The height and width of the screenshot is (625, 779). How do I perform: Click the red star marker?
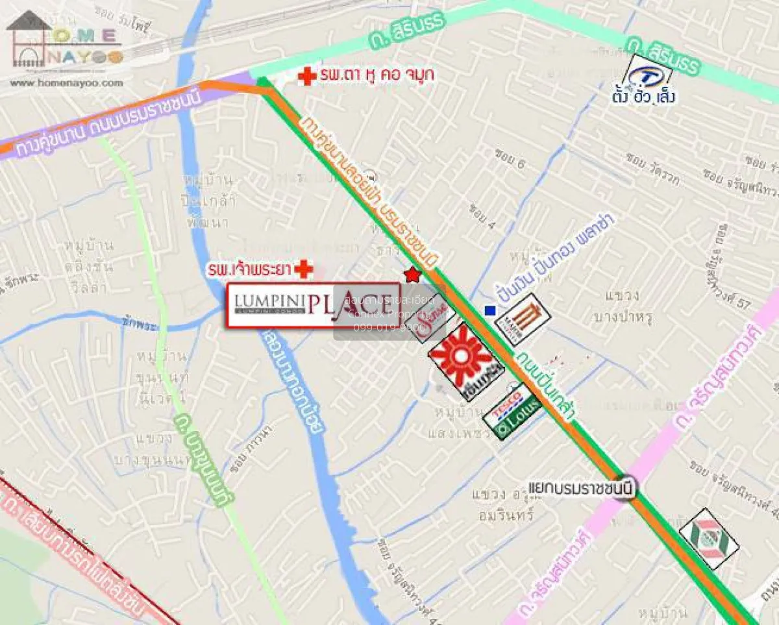click(x=412, y=275)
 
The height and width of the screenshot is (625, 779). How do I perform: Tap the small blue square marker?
click(x=490, y=311)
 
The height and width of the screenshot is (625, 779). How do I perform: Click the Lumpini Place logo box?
click(x=313, y=305)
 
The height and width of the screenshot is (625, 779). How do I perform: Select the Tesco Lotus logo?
click(x=513, y=411)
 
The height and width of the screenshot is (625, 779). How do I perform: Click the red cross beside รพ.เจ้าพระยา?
click(x=303, y=269)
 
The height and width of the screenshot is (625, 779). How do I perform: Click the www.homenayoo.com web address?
click(x=66, y=83)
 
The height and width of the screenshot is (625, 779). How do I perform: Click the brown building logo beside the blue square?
click(x=523, y=318)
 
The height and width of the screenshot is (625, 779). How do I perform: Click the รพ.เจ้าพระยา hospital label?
click(x=249, y=269)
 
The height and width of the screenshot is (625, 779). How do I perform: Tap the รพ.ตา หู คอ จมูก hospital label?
click(x=377, y=76)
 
